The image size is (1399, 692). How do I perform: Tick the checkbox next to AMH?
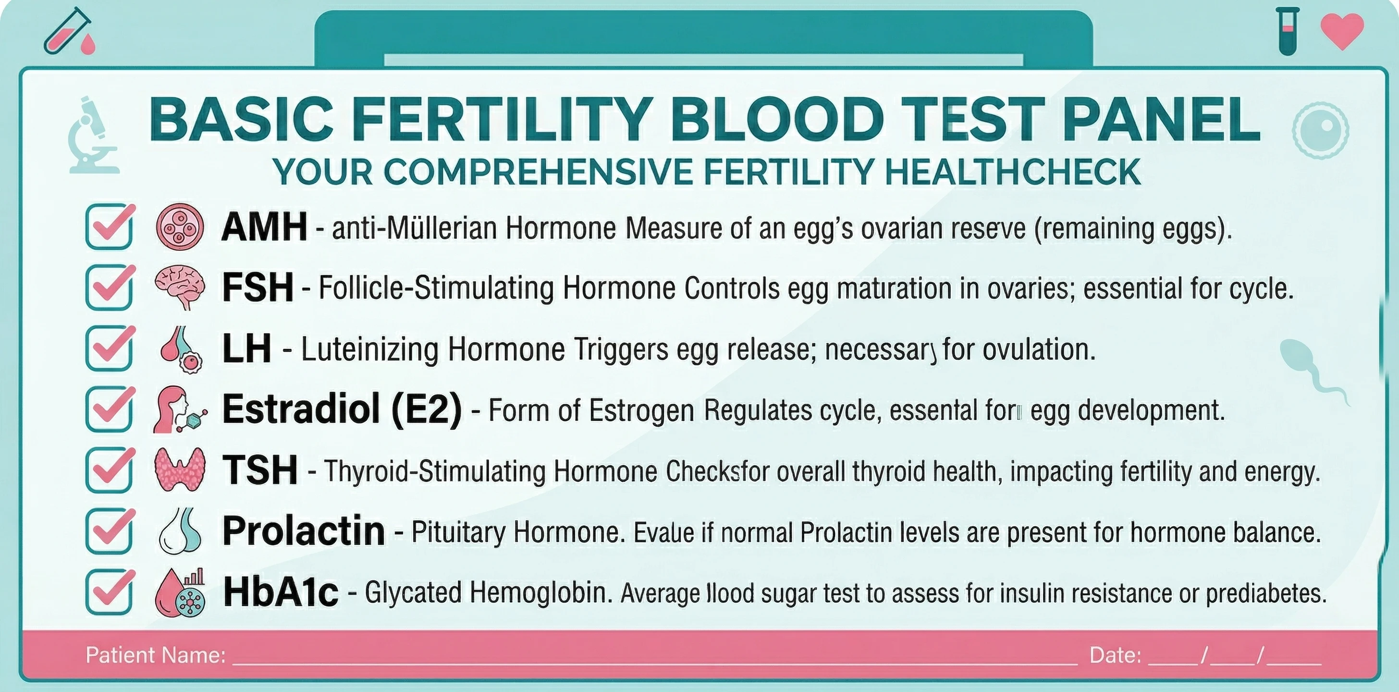pos(109,226)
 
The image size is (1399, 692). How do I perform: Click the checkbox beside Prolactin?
pos(109,531)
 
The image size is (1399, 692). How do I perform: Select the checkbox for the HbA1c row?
pos(109,592)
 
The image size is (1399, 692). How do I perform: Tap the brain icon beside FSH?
pos(180,287)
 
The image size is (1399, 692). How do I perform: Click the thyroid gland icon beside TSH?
pos(180,470)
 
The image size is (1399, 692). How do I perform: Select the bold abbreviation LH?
pos(246,349)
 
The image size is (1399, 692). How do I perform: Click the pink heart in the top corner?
pos(1342,30)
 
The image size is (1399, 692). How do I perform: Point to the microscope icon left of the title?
pos(93,136)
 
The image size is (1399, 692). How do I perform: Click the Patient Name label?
pos(155,655)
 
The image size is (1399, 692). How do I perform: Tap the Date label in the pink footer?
pos(1115,655)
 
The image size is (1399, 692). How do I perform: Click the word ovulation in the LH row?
pos(1038,349)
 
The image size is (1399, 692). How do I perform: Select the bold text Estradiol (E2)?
pos(342,409)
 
